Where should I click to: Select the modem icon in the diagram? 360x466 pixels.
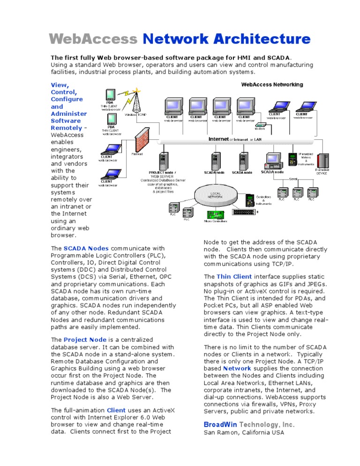pos(260,125)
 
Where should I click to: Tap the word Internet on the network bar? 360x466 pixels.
pos(218,139)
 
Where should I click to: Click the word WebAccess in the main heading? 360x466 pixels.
pos(93,39)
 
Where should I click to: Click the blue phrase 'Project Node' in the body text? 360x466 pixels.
pos(85,339)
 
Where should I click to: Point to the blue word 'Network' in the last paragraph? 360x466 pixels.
pos(237,368)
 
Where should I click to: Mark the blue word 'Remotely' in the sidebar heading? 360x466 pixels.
pos(67,128)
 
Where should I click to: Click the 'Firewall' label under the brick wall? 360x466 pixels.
pos(137,153)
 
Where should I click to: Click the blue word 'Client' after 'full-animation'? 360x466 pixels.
pos(116,410)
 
